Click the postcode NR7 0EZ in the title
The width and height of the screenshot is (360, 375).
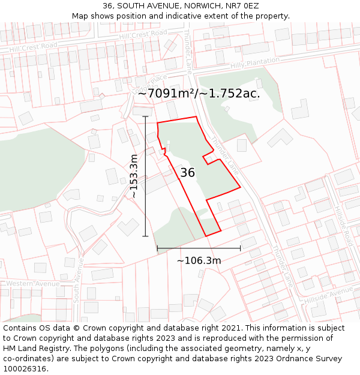point(242,5)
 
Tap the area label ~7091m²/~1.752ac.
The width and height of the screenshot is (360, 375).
point(199,93)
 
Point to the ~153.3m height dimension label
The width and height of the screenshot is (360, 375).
point(134,176)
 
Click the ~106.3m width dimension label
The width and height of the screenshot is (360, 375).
point(199,260)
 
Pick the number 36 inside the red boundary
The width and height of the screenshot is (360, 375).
point(187,173)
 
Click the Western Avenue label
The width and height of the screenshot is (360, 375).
point(34,283)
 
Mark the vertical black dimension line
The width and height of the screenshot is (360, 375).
point(145,176)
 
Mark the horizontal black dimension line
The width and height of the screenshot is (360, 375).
point(199,248)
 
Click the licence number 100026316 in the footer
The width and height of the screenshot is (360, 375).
point(25,369)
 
